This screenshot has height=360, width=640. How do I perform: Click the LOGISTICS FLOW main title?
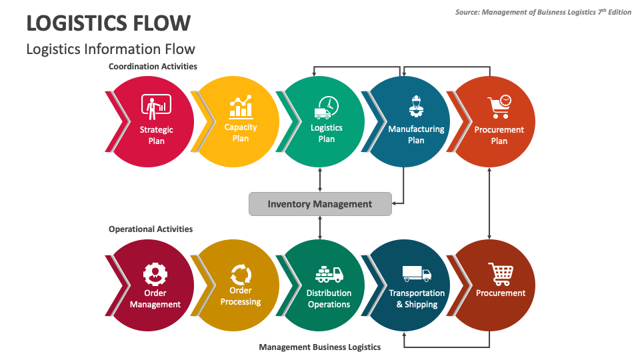108,23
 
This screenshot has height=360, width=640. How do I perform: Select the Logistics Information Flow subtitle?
111,49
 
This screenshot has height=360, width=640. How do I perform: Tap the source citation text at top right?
543,12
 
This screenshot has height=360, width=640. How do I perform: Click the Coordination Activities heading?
153,67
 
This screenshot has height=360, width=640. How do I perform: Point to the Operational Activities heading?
151,229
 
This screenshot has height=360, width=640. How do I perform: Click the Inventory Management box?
320,204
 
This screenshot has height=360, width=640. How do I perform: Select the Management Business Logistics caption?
320,347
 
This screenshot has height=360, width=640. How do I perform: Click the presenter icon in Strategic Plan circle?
156,107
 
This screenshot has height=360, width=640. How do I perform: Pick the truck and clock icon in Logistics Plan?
326,107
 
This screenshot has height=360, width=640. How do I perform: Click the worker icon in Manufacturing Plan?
416,107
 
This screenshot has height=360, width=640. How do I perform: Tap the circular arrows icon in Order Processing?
241,273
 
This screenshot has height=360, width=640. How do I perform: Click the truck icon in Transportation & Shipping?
417,273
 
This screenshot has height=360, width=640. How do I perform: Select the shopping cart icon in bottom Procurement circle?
501,273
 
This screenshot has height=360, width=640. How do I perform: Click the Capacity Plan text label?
241,133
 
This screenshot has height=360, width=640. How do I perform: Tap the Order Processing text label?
241,296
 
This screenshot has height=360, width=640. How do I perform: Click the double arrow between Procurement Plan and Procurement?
490,203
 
